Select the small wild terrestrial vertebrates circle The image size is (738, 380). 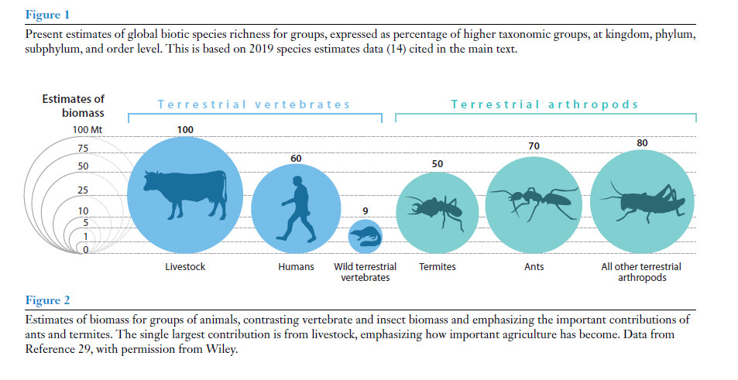click(365, 236)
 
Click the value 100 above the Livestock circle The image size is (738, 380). click(185, 130)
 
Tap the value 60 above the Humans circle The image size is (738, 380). click(296, 159)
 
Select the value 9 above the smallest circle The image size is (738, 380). click(365, 211)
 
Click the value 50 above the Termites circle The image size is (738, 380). click(437, 165)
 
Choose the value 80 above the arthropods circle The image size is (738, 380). click(642, 143)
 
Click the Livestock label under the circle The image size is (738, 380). click(184, 267)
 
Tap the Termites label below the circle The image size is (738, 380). click(438, 267)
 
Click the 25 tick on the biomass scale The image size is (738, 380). click(83, 190)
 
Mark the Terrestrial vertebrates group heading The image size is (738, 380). click(254, 104)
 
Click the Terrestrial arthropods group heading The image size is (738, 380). click(545, 104)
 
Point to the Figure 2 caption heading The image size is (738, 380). click(43, 300)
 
